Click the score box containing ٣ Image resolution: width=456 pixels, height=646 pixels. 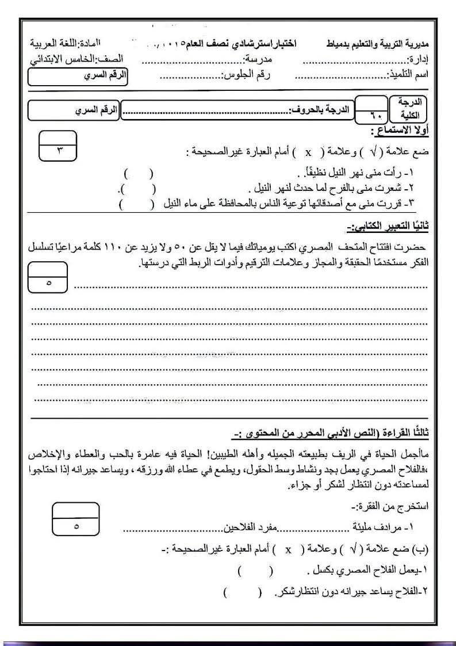59,147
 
